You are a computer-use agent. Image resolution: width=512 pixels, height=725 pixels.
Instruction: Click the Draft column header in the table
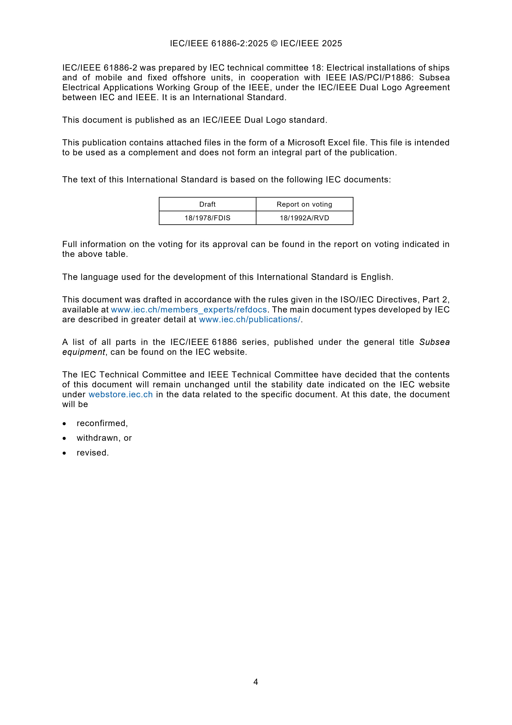(207, 204)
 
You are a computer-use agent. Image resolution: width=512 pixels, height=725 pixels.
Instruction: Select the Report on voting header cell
(304, 204)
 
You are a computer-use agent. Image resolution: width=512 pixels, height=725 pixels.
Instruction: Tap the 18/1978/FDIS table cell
(207, 218)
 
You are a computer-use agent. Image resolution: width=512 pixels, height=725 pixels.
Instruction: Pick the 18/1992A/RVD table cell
(304, 218)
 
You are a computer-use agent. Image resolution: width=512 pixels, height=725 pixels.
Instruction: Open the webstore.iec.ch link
(121, 394)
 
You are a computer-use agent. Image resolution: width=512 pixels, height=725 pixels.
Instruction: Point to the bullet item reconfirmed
(102, 423)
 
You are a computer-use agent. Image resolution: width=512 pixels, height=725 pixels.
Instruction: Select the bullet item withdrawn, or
(104, 438)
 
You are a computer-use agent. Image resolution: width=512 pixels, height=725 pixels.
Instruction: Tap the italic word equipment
(84, 352)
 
